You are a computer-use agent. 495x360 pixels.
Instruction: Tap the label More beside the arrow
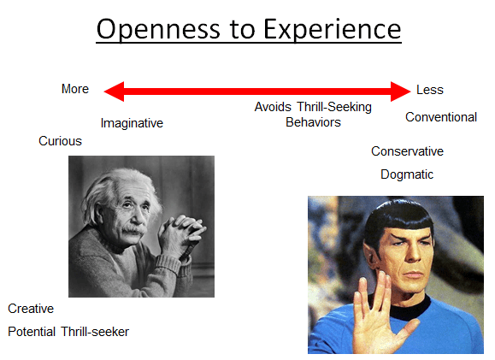(x=75, y=89)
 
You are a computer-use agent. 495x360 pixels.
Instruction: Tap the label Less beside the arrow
(x=430, y=90)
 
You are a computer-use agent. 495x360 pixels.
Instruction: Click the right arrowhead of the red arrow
(x=401, y=91)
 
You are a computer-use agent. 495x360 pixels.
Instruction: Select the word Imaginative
(x=132, y=123)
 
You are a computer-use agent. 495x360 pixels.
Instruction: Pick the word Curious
(x=60, y=141)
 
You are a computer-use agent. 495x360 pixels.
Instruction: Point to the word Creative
(x=31, y=309)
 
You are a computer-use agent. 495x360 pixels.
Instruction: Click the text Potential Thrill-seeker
(x=68, y=332)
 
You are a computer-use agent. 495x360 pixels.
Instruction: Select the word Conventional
(x=441, y=117)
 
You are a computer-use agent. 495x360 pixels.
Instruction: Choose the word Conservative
(x=407, y=151)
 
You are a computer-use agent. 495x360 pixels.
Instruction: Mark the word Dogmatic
(x=407, y=174)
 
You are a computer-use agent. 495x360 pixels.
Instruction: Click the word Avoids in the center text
(x=273, y=107)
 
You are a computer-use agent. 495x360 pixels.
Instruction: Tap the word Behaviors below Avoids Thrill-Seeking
(x=313, y=122)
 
